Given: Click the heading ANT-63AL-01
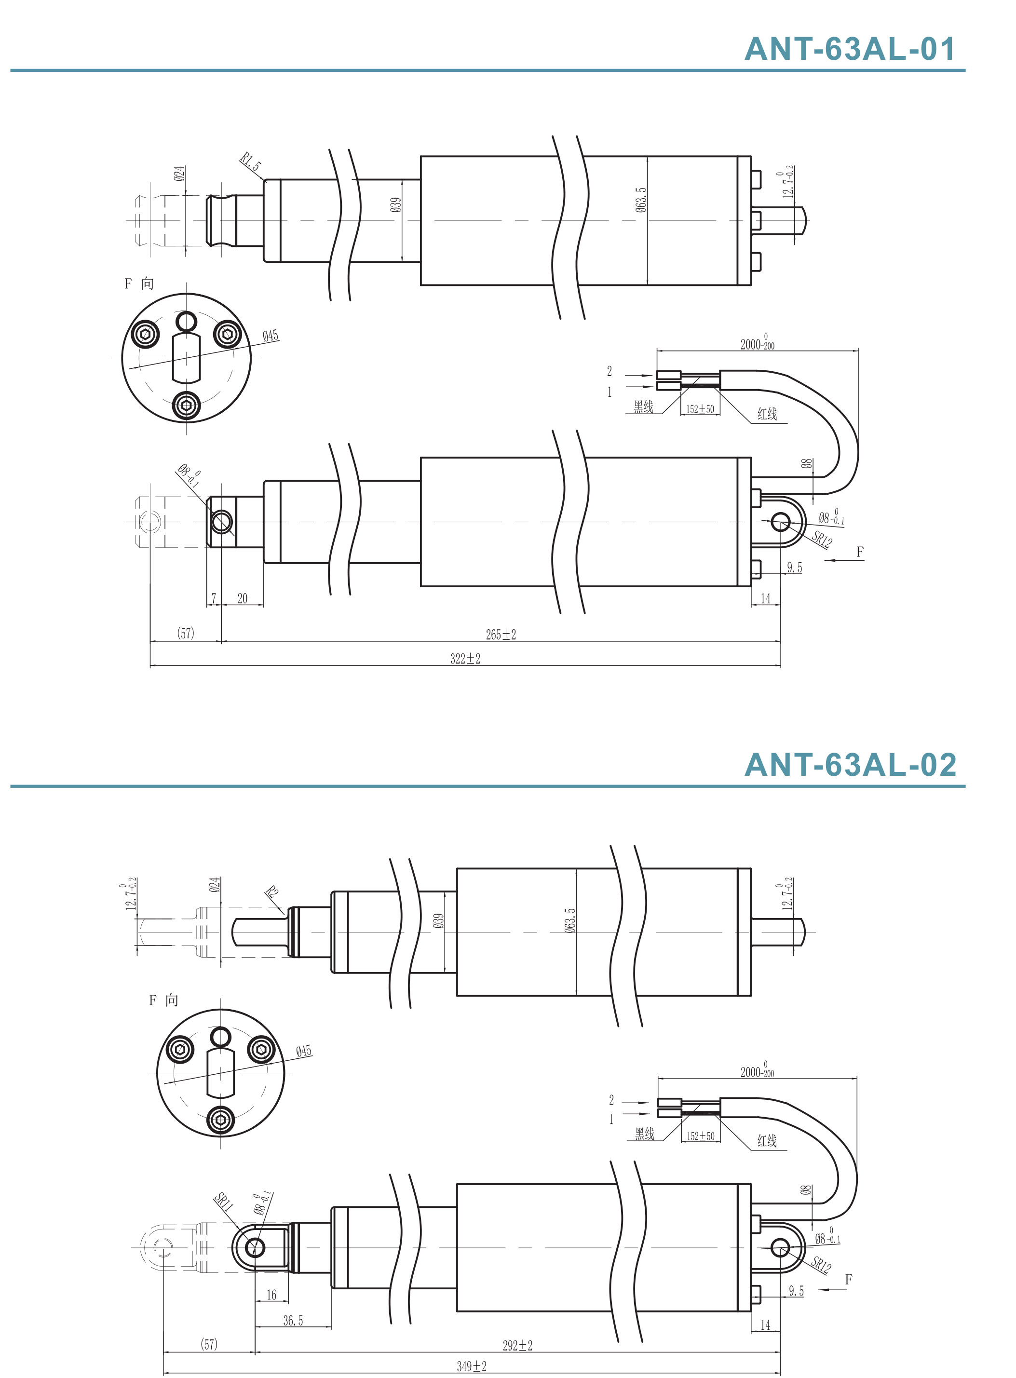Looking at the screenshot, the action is (x=850, y=49).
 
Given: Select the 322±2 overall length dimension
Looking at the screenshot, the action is (x=465, y=659).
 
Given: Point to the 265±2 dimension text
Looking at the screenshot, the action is (x=501, y=635).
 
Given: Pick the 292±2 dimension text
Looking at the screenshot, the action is (x=517, y=1345).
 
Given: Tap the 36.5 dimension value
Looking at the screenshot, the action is (x=293, y=1321).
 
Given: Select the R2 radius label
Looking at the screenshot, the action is (x=272, y=892).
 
